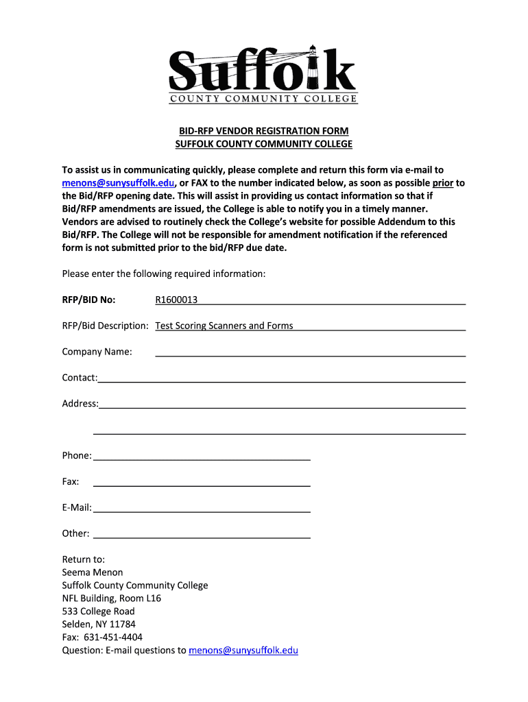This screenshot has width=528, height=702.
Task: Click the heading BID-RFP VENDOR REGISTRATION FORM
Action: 264,131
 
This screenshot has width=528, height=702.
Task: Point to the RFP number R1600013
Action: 177,300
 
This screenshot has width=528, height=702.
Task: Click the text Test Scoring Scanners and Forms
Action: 224,326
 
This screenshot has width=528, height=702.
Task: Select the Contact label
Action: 80,378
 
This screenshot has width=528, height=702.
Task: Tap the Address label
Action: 80,404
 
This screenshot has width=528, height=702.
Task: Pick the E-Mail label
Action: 77,508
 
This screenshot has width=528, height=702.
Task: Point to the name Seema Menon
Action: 93,572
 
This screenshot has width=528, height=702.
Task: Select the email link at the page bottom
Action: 243,651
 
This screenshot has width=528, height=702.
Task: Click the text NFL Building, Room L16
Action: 112,598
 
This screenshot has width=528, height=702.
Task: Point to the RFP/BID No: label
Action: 88,300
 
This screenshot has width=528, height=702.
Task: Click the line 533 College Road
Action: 98,612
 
